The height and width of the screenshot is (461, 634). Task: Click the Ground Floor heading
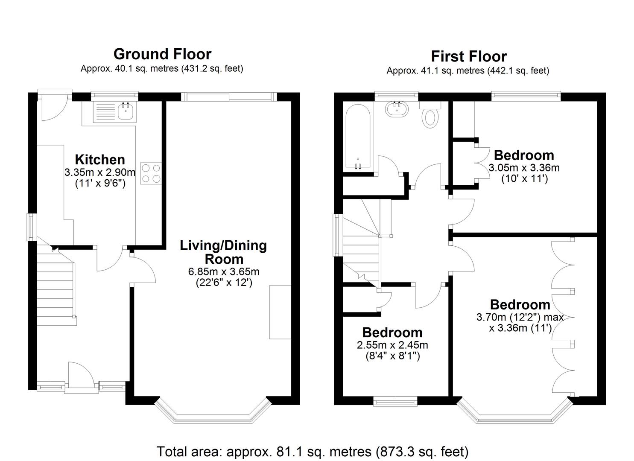(162, 54)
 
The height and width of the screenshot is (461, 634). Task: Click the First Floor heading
(468, 56)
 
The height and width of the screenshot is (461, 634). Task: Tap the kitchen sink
(126, 111)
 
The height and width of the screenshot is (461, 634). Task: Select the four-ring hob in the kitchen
(150, 174)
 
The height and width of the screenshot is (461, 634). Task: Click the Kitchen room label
(100, 160)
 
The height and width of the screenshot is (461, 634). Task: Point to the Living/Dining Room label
(223, 252)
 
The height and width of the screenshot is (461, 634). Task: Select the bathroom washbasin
(397, 109)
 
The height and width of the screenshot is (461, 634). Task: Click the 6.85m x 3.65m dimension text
(224, 272)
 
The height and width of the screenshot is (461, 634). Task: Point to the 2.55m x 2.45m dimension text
(392, 345)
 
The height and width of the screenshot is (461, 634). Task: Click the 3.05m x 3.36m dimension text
(524, 168)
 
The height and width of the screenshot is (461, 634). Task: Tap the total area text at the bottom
(313, 451)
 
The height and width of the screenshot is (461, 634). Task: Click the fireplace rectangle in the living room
(280, 312)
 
